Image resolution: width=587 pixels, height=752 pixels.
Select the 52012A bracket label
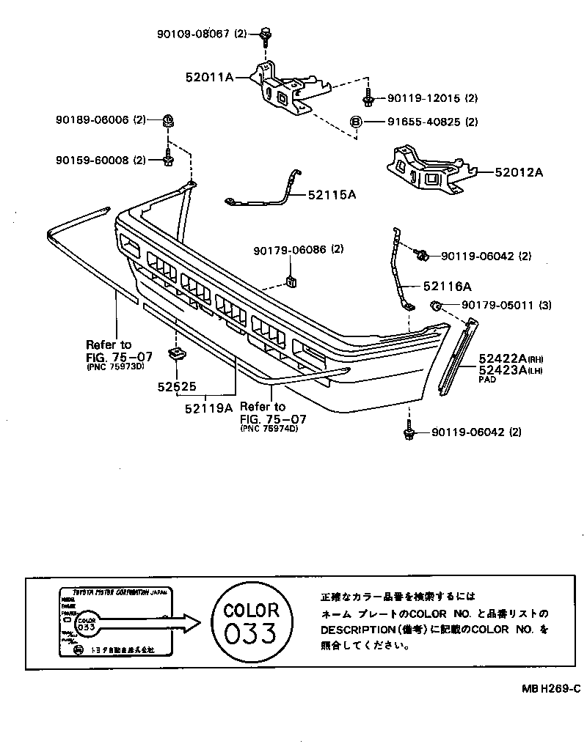point(518,172)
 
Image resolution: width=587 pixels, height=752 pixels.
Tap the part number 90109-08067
point(193,33)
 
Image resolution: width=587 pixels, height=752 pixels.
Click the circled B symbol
point(355,122)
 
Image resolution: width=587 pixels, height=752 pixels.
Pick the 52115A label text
point(332,194)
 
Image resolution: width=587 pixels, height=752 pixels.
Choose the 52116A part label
point(447,287)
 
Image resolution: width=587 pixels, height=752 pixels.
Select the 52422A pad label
point(503,358)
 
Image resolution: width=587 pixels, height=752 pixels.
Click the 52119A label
point(208,408)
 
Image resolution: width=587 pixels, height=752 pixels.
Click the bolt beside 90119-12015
point(369,97)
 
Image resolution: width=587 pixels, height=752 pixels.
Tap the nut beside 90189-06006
point(168,120)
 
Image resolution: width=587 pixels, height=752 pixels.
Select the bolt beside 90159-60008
point(168,158)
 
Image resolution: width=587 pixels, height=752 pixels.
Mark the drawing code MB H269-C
point(551,688)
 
